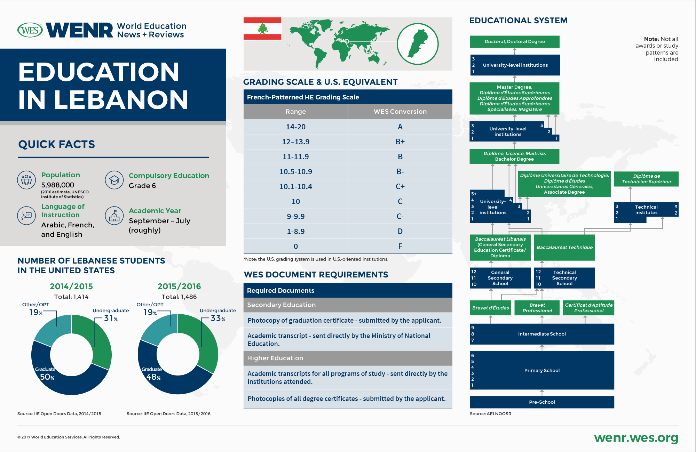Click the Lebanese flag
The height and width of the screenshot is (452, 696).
coord(262,29)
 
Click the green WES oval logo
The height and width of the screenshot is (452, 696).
coord(30,30)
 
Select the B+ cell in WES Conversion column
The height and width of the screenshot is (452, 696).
coord(400,142)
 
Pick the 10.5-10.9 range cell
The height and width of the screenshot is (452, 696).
coord(295,172)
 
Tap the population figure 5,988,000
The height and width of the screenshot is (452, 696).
coord(57,185)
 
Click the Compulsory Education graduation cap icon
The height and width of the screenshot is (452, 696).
coord(114,180)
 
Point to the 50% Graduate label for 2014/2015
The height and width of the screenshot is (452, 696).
coord(47,377)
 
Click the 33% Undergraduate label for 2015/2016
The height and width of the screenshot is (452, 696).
coord(217,318)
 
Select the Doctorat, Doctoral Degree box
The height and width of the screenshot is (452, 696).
coord(514,42)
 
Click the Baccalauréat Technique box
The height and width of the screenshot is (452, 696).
coord(564,248)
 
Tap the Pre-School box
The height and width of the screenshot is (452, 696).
coord(541,402)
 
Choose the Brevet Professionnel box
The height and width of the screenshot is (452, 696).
coord(537,308)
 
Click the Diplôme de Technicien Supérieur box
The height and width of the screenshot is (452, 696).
coord(646,179)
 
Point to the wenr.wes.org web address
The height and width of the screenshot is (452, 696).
coord(636,438)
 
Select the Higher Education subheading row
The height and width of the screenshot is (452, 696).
coord(348,358)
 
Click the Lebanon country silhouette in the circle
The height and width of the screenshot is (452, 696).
coord(418,43)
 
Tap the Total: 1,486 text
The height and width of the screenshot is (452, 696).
coord(179,297)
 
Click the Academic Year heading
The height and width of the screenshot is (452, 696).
coord(155,211)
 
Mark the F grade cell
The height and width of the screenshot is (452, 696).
coord(400,247)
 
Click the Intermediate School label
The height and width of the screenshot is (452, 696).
coord(541,334)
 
